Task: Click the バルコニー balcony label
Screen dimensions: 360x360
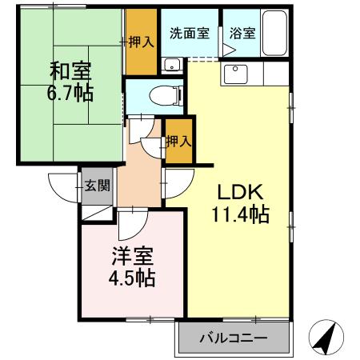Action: click(233, 339)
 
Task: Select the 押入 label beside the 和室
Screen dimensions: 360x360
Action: click(142, 42)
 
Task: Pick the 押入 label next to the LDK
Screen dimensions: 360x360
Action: click(178, 142)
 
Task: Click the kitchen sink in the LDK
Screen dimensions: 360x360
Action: click(237, 74)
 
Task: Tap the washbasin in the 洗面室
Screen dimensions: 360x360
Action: click(170, 66)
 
